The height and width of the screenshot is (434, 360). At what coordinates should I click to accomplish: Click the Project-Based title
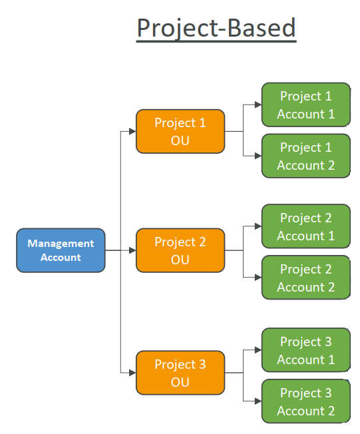pyautogui.click(x=216, y=28)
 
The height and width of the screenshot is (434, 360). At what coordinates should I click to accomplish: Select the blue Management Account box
pyautogui.click(x=61, y=250)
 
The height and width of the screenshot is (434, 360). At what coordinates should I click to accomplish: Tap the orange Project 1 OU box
pyautogui.click(x=180, y=131)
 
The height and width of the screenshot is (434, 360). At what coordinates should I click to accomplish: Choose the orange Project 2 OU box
pyautogui.click(x=180, y=250)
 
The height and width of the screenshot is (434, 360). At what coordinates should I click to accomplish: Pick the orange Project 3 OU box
pyautogui.click(x=180, y=373)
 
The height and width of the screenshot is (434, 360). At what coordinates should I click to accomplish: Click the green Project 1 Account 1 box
pyautogui.click(x=305, y=105)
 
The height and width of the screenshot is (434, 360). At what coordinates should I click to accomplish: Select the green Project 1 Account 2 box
pyautogui.click(x=305, y=156)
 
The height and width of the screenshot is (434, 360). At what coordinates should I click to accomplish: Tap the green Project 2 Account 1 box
pyautogui.click(x=305, y=226)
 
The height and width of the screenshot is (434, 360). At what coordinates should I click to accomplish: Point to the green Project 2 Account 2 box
pyautogui.click(x=305, y=278)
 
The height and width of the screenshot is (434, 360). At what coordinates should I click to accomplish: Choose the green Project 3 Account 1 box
pyautogui.click(x=305, y=350)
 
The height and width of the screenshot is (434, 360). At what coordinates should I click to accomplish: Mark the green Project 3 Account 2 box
pyautogui.click(x=305, y=401)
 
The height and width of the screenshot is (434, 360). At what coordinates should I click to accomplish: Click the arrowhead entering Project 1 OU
pyautogui.click(x=132, y=132)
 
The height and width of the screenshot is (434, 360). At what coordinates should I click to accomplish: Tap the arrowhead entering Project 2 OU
pyautogui.click(x=132, y=250)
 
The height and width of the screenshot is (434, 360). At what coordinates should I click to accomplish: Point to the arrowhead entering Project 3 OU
pyautogui.click(x=132, y=373)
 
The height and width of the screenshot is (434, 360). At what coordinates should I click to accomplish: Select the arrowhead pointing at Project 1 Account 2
pyautogui.click(x=258, y=156)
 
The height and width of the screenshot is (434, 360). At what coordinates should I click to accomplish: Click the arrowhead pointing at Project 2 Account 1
pyautogui.click(x=258, y=226)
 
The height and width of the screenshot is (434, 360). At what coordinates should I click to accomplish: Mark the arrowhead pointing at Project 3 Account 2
pyautogui.click(x=258, y=401)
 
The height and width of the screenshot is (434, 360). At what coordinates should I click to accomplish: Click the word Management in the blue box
pyautogui.click(x=61, y=244)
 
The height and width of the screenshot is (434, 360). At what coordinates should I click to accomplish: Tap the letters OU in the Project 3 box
pyautogui.click(x=180, y=382)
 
